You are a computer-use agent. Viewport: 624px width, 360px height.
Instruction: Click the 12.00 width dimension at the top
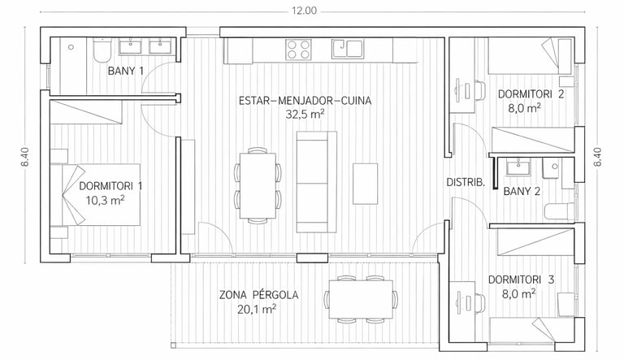pos(305,11)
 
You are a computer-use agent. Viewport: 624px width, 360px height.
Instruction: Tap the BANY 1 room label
pos(126,72)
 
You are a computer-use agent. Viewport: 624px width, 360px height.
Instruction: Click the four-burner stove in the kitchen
pos(298,50)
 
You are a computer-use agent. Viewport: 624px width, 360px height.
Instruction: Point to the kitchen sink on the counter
pos(347,49)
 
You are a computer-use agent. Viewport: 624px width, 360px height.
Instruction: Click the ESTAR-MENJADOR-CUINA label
pos(305,101)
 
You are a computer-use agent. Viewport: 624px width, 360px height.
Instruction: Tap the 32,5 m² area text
pos(305,115)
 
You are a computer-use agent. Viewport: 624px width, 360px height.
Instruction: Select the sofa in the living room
pos(317,182)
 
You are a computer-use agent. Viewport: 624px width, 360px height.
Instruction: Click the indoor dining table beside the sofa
pos(258,185)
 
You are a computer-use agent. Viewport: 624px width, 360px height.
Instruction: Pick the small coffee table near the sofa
pos(366,184)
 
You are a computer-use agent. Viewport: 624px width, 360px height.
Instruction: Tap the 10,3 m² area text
pos(106,200)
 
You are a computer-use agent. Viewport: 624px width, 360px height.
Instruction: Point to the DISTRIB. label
pos(466,183)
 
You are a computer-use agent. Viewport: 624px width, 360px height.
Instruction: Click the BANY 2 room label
pos(522,192)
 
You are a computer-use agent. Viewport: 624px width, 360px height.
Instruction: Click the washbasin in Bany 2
pos(518,167)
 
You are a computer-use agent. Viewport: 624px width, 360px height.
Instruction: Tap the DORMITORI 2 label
pos(531,94)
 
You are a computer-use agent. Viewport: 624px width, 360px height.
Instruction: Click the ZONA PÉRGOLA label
pos(258,295)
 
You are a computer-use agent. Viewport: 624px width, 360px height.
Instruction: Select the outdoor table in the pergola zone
pos(362,299)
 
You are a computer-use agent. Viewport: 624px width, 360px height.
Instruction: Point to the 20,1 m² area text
pos(257,309)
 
